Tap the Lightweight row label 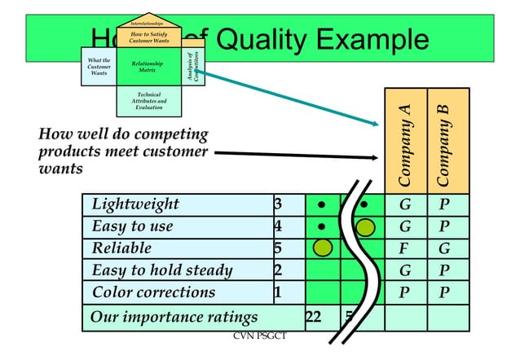(135, 204)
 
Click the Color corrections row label (153, 292)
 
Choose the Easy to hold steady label (161, 270)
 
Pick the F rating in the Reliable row (404, 248)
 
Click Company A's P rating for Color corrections (404, 292)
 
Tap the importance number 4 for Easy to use (278, 226)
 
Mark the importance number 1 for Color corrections (278, 292)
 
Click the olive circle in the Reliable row (323, 248)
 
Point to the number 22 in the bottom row (312, 317)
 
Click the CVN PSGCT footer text (260, 336)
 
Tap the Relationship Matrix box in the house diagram (148, 68)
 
